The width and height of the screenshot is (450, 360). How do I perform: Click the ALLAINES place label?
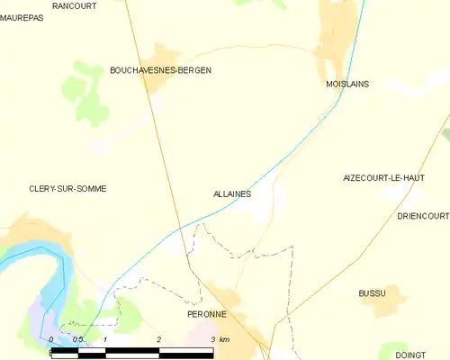(232, 193)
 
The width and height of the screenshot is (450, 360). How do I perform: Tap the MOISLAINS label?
(347, 84)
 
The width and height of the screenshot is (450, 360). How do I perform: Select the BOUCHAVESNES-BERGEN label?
(160, 69)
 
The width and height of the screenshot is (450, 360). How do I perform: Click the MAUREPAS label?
(22, 16)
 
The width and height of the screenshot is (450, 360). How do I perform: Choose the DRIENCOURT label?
(422, 216)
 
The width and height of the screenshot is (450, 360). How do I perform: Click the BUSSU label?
(372, 293)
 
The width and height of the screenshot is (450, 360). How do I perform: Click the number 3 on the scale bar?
(212, 339)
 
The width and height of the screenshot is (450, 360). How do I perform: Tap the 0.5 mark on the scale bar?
(78, 339)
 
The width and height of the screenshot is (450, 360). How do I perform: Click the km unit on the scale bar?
(225, 339)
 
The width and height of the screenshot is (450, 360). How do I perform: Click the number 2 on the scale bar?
(158, 339)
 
